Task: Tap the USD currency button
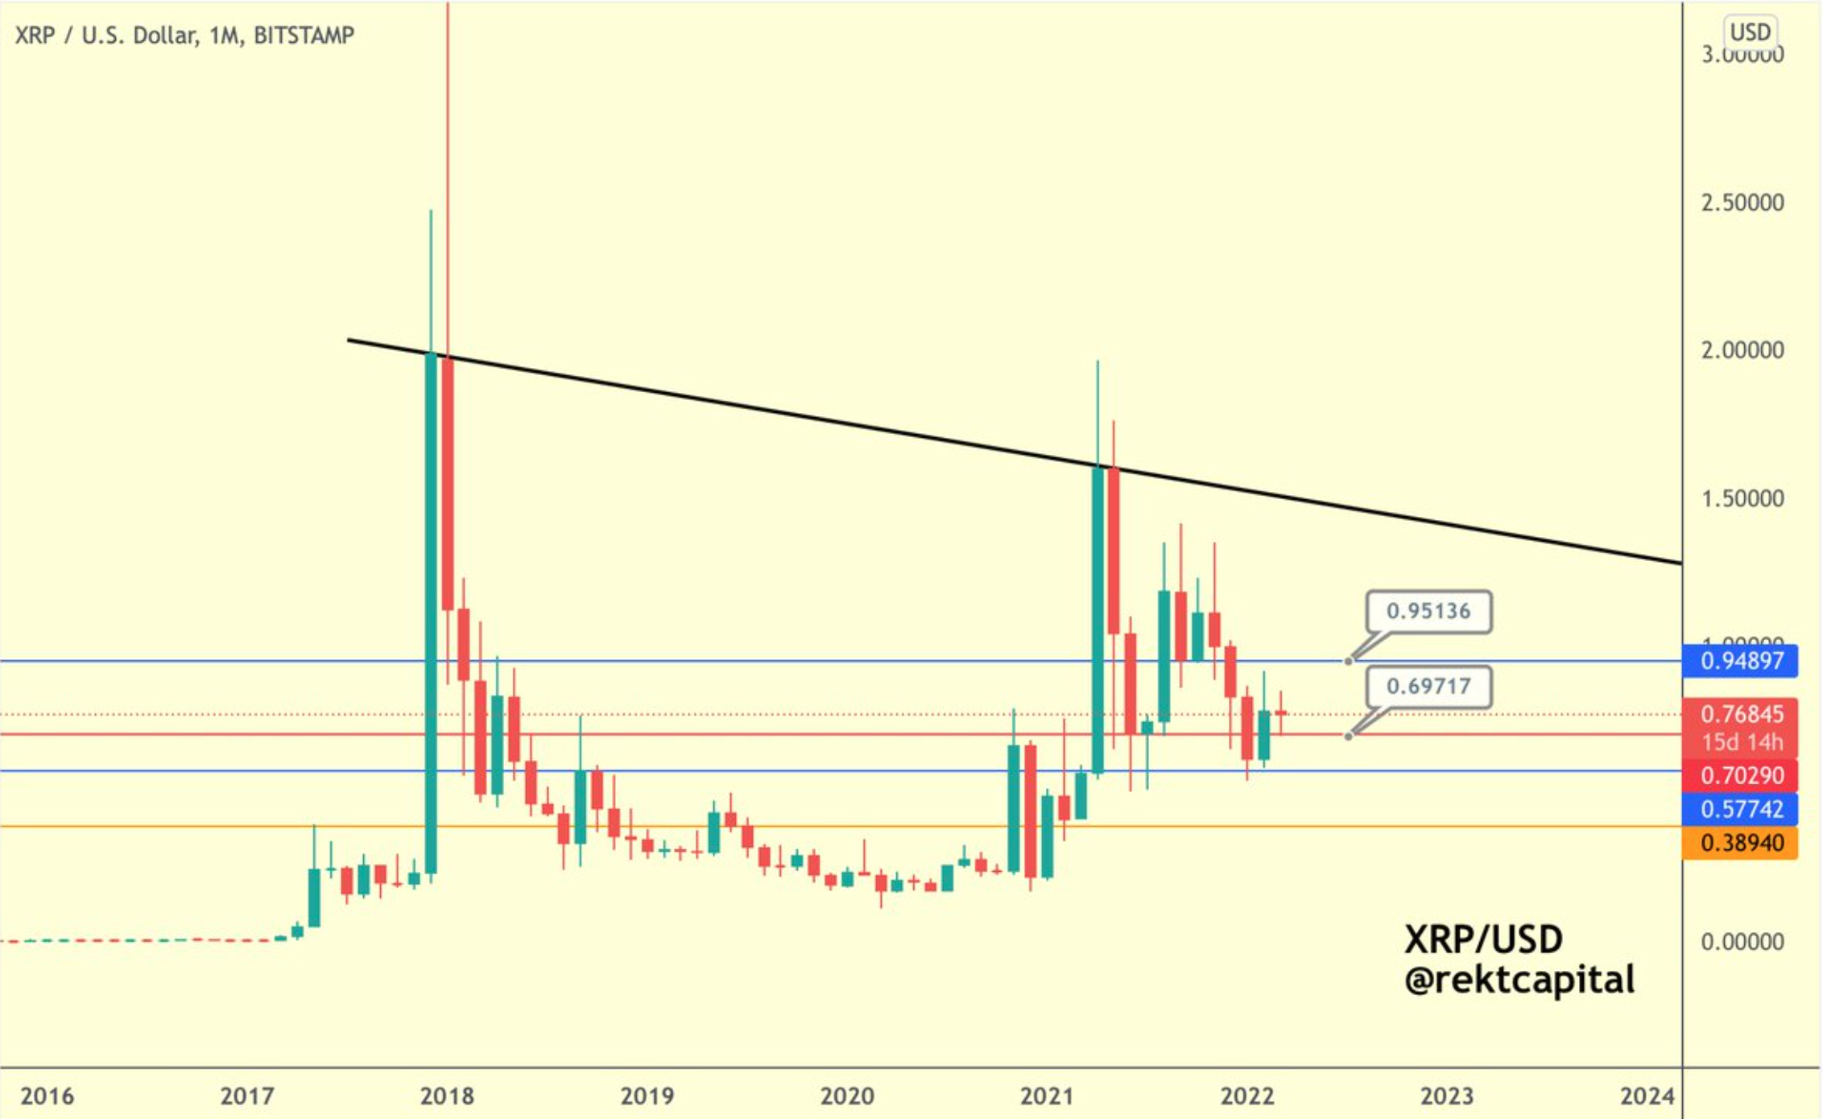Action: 1750,32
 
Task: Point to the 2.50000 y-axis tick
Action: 1742,202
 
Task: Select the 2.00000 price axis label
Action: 1742,350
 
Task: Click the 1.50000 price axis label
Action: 1742,498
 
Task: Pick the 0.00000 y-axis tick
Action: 1742,941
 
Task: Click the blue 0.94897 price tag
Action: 1741,661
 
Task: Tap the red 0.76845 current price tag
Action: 1741,714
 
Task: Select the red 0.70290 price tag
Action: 1741,775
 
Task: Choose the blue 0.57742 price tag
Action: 1741,809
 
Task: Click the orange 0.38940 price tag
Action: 1741,843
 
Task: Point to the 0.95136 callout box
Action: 1428,611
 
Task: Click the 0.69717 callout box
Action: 1428,686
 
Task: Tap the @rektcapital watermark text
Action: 1519,980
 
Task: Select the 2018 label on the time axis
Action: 447,1096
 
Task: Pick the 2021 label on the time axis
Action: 1047,1096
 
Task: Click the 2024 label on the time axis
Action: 1647,1096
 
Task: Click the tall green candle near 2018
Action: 431,612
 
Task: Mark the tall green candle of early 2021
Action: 1098,620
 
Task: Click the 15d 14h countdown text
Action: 1741,741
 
